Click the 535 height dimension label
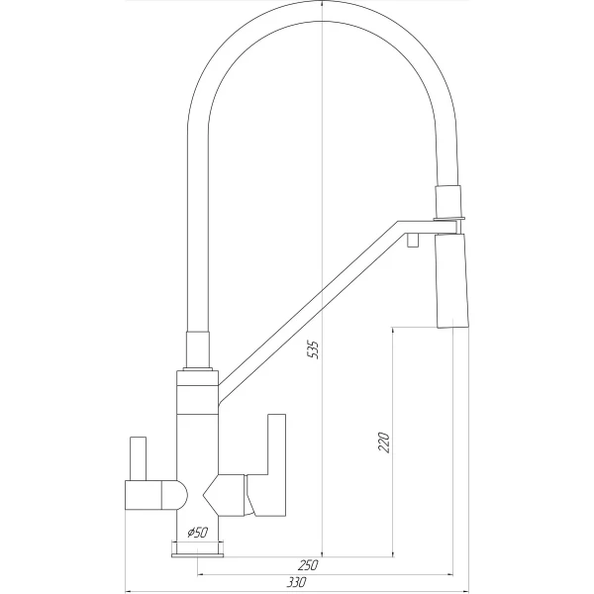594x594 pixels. [313, 349]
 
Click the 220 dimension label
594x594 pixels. [384, 442]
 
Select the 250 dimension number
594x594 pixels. [308, 565]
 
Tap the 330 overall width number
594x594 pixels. [297, 582]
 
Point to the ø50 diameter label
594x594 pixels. [198, 533]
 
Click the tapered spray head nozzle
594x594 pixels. [452, 281]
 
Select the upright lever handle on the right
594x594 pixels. [269, 465]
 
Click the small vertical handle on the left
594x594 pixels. [138, 458]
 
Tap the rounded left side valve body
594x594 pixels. [156, 495]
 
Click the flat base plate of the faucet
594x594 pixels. [197, 555]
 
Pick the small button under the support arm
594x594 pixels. [413, 241]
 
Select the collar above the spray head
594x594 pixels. [448, 202]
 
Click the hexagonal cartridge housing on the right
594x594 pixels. [225, 495]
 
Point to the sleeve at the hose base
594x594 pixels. [198, 349]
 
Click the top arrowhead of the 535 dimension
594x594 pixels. [322, 2]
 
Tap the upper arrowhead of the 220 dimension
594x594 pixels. [393, 328]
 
